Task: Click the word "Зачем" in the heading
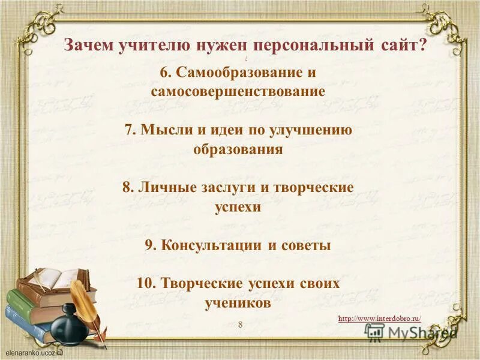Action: (85, 46)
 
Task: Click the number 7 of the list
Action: (128, 130)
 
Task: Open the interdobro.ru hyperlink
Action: (379, 319)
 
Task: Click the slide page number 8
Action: (241, 325)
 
